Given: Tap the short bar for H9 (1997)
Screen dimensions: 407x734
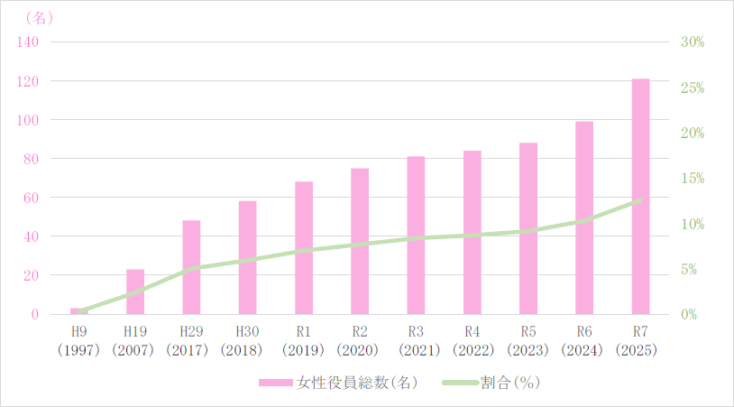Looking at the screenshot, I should pos(79,311).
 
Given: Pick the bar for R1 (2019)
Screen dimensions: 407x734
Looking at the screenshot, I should pos(304,247).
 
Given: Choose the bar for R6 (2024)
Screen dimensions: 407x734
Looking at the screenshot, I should pos(584,217).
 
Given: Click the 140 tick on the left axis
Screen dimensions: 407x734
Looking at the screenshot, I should pos(28,42).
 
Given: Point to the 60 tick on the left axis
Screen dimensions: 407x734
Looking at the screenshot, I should pos(31,198).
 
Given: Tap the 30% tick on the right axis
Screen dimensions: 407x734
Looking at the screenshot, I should pos(693,42).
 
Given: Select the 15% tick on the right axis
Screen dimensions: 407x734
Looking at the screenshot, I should pos(693,179).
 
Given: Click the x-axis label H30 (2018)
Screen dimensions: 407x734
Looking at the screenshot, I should pos(247,341).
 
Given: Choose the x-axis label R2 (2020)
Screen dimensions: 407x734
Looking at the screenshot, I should pos(360,341).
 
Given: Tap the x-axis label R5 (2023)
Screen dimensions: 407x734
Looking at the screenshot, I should pos(528,341).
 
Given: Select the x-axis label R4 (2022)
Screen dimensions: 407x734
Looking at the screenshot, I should pos(472,341).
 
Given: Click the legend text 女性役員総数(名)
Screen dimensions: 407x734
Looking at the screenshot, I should pos(356,383).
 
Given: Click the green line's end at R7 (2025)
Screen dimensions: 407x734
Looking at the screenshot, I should pos(640,200).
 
